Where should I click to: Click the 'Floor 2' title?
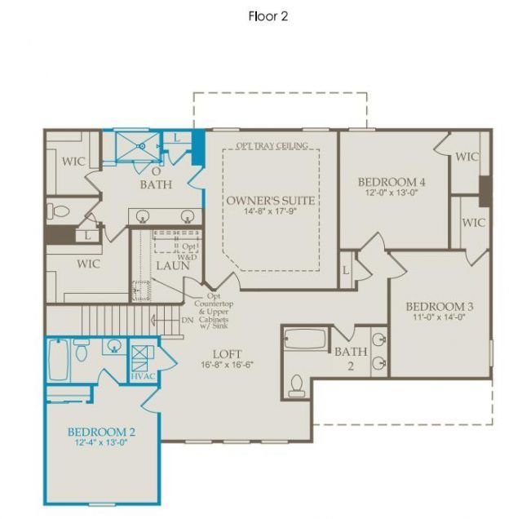[268, 16]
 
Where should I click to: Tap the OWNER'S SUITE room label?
[270, 201]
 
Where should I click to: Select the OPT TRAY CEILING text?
[272, 146]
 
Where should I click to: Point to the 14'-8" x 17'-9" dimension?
[270, 212]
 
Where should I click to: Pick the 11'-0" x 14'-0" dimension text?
[440, 318]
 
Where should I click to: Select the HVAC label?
[142, 375]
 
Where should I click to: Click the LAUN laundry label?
[173, 265]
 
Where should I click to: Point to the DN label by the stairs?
[188, 320]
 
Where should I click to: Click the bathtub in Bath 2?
[305, 339]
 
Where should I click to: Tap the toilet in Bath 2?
[297, 382]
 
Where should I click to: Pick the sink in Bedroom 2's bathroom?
[113, 347]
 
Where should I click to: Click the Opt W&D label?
[188, 251]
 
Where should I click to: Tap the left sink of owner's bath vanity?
[144, 217]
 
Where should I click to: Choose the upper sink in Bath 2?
[378, 339]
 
